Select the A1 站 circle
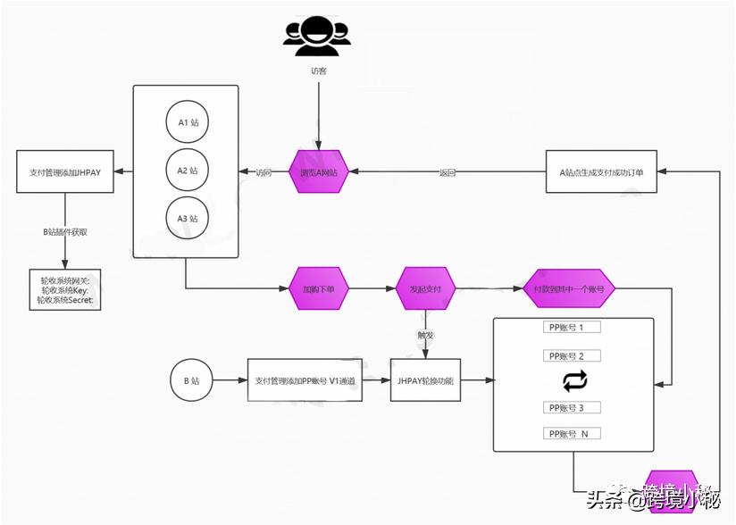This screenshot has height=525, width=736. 187,122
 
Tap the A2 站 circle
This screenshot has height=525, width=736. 187,170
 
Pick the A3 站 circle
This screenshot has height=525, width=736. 187,218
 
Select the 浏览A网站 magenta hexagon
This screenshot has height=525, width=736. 319,172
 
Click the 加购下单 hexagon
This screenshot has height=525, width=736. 319,289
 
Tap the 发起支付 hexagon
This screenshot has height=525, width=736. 426,289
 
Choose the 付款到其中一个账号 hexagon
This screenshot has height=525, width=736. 569,289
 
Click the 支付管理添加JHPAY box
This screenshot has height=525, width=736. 65,172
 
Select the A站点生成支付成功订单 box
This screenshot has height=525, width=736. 601,172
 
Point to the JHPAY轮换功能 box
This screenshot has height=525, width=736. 425,380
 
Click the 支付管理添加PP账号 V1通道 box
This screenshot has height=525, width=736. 305,380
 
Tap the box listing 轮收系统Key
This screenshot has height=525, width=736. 65,290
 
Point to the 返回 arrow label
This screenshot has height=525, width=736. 447,172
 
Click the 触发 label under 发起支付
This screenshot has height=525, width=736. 425,335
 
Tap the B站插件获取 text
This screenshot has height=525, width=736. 65,231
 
